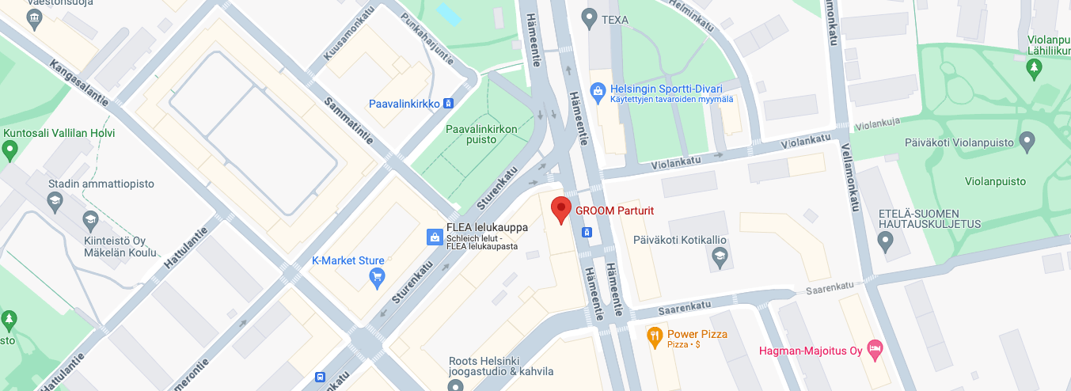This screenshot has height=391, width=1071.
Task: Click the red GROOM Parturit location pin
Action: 561,210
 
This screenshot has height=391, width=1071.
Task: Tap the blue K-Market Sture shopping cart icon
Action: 378,276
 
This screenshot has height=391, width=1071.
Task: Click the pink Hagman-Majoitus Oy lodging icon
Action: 875,349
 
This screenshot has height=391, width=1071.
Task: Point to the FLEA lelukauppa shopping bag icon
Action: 434,236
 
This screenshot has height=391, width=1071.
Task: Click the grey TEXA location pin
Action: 588,16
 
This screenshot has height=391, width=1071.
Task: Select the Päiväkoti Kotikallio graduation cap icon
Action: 719,255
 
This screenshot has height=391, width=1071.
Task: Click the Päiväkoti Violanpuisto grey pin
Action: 1027,143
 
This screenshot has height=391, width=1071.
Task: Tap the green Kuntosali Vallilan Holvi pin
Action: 9,148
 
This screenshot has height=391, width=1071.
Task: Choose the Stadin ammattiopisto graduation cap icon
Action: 55,199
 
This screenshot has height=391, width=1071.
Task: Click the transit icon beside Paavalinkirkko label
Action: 449,104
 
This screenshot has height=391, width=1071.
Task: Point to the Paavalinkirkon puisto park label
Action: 481,134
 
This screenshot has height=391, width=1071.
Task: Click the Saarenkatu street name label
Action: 830,288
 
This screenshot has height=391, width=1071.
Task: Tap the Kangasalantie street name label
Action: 78,83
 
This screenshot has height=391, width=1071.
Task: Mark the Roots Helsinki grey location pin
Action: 454,385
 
